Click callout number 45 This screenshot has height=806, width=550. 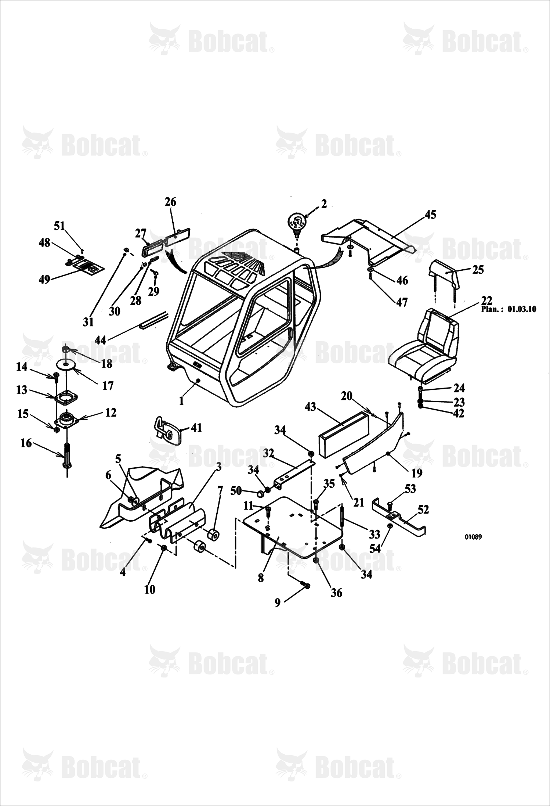(x=430, y=215)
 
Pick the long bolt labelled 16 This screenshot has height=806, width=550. (x=67, y=456)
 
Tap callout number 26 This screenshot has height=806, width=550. (x=170, y=202)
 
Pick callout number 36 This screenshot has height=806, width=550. (x=336, y=592)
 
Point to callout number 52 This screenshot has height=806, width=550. (x=423, y=510)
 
